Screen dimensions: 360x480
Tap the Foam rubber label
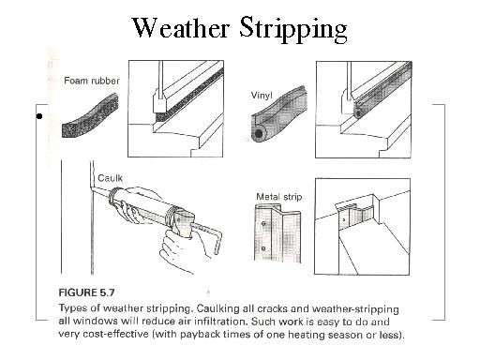point(91,82)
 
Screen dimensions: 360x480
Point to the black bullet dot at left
point(39,117)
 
